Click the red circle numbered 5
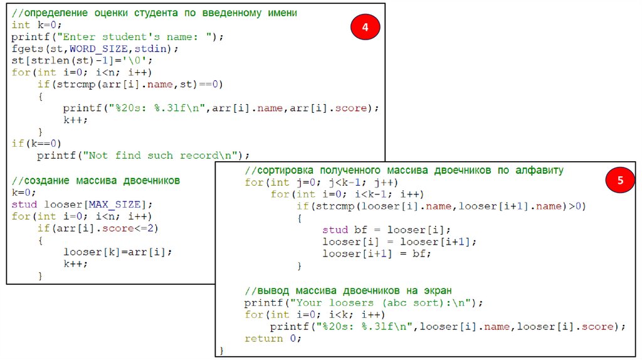coord(619,181)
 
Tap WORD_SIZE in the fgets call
coord(101,48)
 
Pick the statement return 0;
coord(273,338)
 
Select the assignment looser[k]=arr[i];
coord(117,251)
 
